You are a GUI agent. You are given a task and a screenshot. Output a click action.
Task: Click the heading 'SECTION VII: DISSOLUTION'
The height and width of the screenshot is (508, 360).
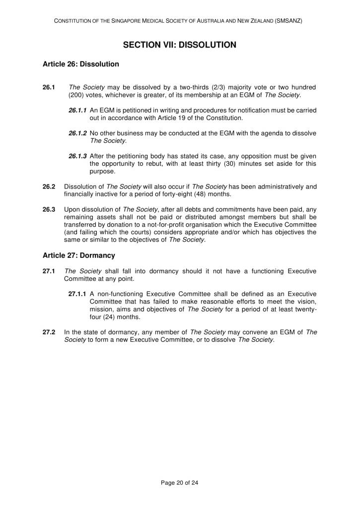click(x=180, y=45)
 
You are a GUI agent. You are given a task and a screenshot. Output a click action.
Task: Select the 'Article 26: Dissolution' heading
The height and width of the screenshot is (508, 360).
click(x=81, y=64)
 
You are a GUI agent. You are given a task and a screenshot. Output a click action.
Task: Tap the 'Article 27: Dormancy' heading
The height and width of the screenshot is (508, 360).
click(x=79, y=255)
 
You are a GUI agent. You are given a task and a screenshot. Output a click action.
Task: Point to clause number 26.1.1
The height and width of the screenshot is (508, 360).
click(x=78, y=110)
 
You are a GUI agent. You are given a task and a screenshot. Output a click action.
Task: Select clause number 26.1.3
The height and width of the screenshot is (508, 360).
click(x=78, y=156)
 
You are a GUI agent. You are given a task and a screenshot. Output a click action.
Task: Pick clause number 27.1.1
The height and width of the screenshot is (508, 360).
click(x=78, y=294)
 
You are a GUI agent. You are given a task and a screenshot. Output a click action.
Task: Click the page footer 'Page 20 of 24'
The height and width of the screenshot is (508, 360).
click(x=180, y=482)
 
